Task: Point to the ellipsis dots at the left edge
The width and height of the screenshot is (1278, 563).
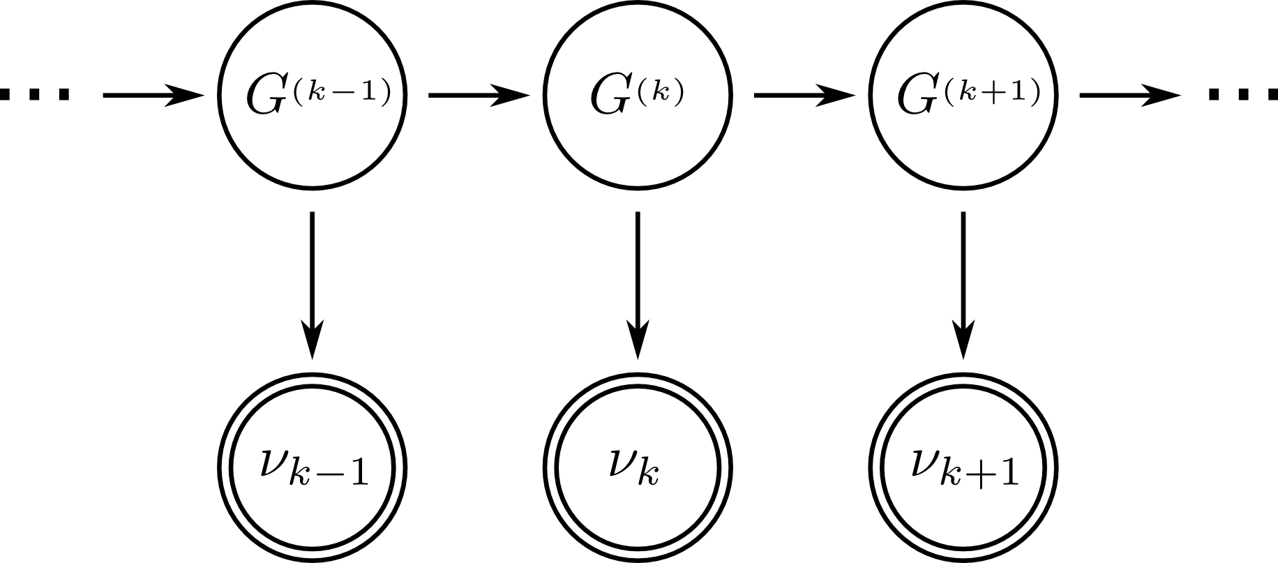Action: click(35, 94)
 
